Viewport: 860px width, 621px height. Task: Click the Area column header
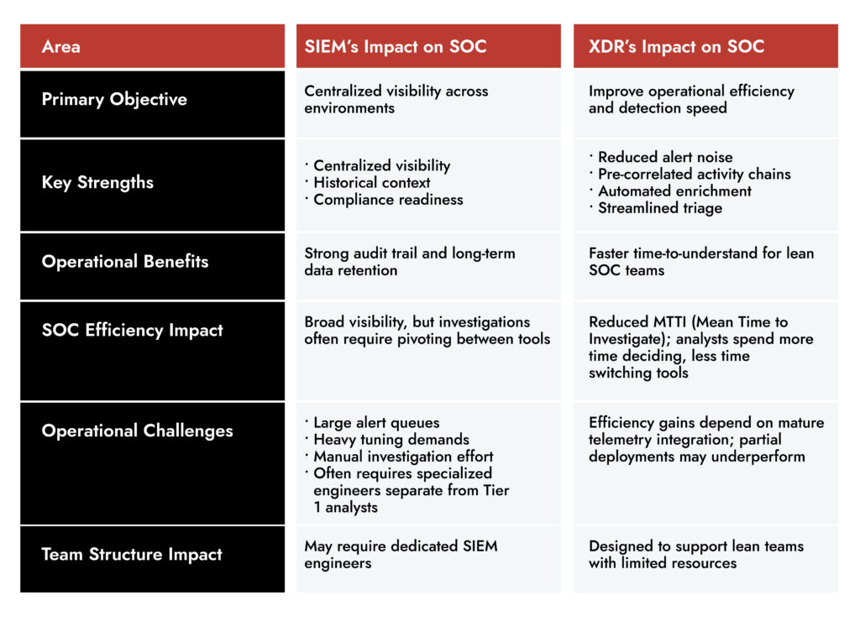click(x=61, y=47)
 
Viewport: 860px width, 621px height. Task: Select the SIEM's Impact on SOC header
click(x=396, y=47)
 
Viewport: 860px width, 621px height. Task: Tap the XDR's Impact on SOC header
click(x=676, y=47)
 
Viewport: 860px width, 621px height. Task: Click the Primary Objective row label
click(x=114, y=99)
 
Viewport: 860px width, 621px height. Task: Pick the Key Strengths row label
click(x=97, y=182)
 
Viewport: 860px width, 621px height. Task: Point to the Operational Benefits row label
click(x=125, y=261)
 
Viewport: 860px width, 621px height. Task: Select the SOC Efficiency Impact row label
click(x=132, y=330)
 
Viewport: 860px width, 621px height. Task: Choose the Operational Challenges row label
click(x=137, y=431)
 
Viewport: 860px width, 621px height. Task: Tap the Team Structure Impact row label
click(x=132, y=554)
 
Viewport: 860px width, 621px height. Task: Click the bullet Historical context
click(x=371, y=182)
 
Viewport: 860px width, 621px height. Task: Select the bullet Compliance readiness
click(x=387, y=199)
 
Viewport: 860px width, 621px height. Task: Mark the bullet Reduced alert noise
click(x=664, y=157)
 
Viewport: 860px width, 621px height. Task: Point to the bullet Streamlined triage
click(x=659, y=207)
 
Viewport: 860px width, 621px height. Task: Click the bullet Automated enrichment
click(x=674, y=190)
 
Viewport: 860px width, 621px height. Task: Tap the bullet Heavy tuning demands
click(x=391, y=439)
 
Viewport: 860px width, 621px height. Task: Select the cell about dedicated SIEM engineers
click(x=401, y=554)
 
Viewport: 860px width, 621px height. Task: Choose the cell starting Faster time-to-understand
click(x=701, y=261)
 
